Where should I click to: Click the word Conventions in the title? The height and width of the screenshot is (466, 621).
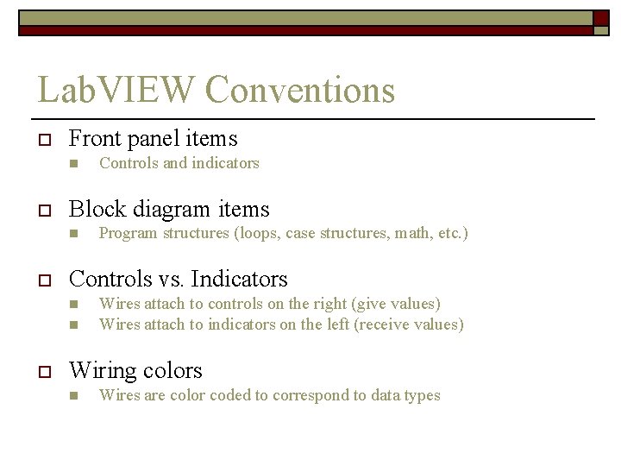pos(300,90)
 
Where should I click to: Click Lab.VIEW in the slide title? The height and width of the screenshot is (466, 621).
pos(116,90)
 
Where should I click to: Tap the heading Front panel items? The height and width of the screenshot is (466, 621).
pos(153,138)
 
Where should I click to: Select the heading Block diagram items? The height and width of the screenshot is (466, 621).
pos(169,209)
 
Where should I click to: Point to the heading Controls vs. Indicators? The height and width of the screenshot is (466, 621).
pos(178,279)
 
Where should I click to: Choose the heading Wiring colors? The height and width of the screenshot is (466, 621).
pos(135,370)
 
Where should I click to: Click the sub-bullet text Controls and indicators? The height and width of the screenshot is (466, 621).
pos(179,163)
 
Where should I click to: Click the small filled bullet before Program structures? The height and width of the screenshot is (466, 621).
pos(74,234)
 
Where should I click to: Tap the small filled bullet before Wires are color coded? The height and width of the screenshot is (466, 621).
pos(74,396)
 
